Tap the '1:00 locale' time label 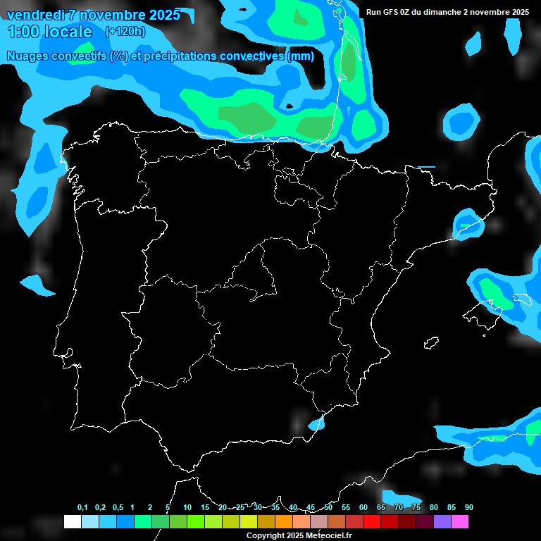50,32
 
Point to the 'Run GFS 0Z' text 392,12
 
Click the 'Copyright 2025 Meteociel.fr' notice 299,535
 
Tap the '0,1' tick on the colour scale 82,507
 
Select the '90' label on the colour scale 468,507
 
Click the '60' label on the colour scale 363,507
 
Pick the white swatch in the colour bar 72,521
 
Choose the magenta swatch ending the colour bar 459,521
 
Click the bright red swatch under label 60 371,521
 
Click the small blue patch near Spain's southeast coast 316,424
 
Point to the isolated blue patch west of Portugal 36,285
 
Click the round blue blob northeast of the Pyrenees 462,120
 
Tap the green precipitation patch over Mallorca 499,296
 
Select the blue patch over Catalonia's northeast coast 466,224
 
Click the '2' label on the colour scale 150,507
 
